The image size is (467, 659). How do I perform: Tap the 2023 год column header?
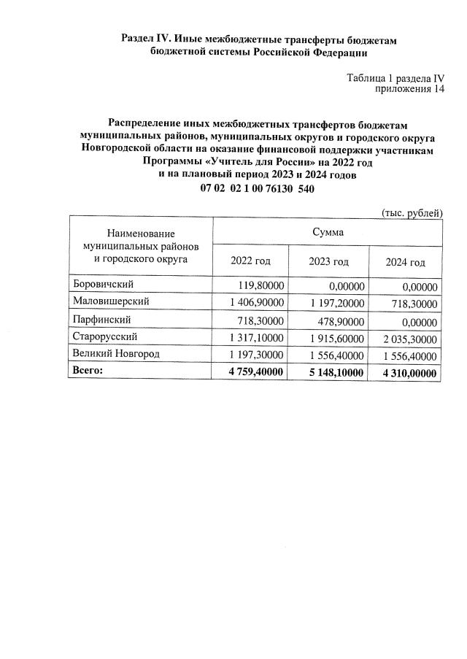pos(328,262)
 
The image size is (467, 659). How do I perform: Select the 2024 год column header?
pos(406,262)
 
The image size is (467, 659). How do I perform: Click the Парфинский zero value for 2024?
pos(415,320)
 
